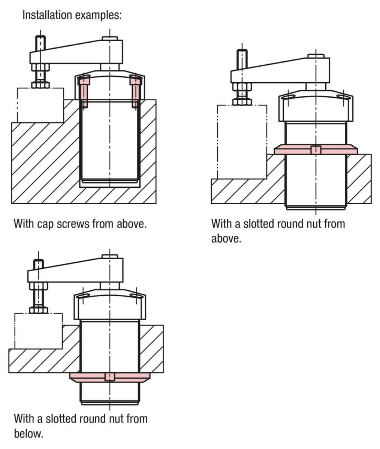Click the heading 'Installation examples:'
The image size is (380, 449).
coord(72,15)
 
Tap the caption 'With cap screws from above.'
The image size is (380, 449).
coord(79,224)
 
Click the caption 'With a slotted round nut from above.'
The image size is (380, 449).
coord(278,231)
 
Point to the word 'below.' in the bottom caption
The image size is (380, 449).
coord(28,434)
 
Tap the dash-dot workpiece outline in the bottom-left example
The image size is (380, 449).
coord(39,331)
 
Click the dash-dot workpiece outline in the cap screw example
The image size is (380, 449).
coord(40,105)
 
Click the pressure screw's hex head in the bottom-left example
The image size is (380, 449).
coord(38,310)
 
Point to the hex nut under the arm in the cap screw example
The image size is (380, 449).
coord(40,68)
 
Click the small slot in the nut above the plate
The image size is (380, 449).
coord(316,150)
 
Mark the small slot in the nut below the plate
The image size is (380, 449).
coord(109,377)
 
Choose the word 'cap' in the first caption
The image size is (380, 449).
coord(45,224)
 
